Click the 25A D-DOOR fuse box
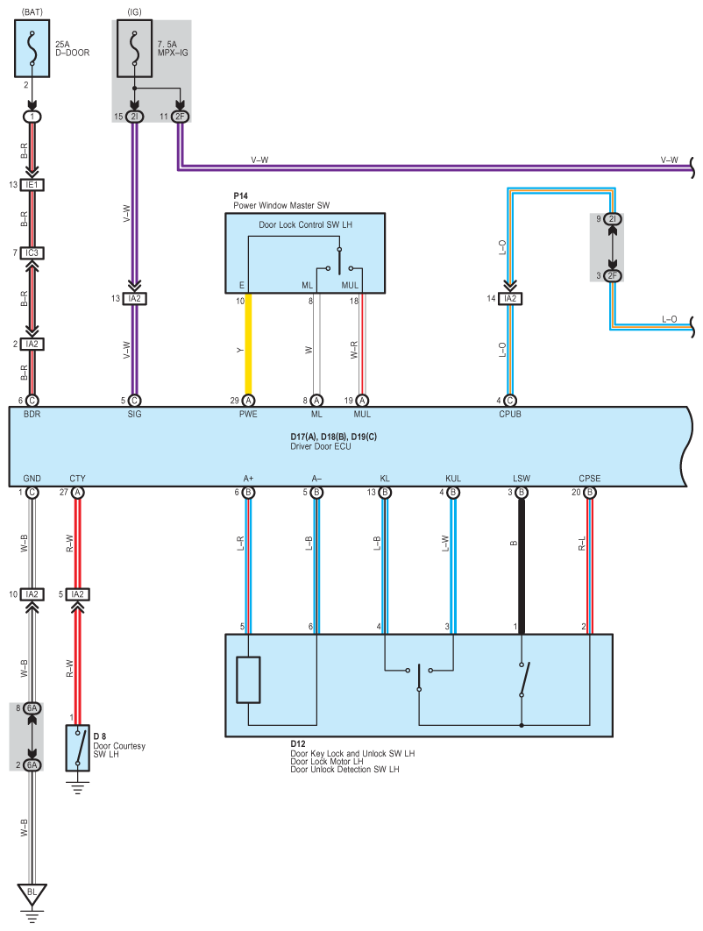click(x=32, y=50)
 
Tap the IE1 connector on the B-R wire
click(x=32, y=185)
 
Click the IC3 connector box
click(x=32, y=253)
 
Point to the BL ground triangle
click(x=32, y=893)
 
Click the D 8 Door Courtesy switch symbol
click(x=77, y=748)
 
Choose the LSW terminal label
click(x=522, y=479)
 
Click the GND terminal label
click(x=32, y=479)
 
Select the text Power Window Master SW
click(x=280, y=205)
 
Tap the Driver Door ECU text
click(x=320, y=447)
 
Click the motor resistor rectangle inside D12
click(x=249, y=679)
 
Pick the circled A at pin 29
click(x=249, y=401)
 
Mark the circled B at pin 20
click(x=590, y=493)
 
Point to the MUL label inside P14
click(x=350, y=286)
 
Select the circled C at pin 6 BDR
click(x=32, y=401)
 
